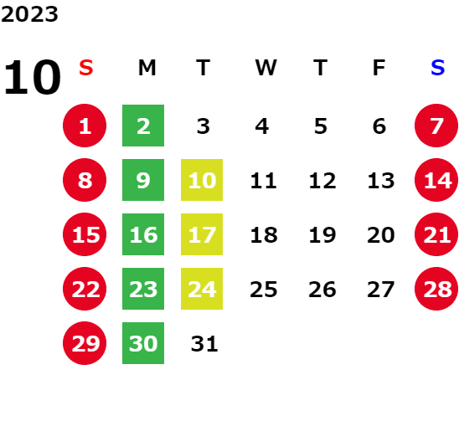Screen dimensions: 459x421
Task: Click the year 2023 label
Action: [29, 14]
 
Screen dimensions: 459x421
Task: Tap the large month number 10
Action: [32, 77]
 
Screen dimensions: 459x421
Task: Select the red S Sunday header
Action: [86, 68]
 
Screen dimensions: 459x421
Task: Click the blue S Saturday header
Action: [437, 68]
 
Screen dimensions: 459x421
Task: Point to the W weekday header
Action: [266, 68]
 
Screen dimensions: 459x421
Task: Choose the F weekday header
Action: [379, 68]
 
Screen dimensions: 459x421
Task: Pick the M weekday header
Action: [147, 68]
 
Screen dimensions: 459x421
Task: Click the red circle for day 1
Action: [85, 126]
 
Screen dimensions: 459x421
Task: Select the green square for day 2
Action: [143, 126]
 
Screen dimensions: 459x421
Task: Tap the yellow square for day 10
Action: [202, 180]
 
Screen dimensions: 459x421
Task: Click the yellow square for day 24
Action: [202, 289]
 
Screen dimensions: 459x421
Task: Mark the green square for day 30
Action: [143, 343]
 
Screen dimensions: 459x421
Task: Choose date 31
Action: [204, 344]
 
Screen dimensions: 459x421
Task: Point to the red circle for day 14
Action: [436, 180]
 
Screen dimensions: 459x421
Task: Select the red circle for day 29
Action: [85, 343]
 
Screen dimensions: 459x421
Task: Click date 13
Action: [381, 181]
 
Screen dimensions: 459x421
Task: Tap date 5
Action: [321, 126]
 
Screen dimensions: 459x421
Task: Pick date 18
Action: [264, 235]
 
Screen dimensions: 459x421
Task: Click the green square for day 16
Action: [143, 234]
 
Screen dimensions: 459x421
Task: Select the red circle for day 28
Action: [436, 289]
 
